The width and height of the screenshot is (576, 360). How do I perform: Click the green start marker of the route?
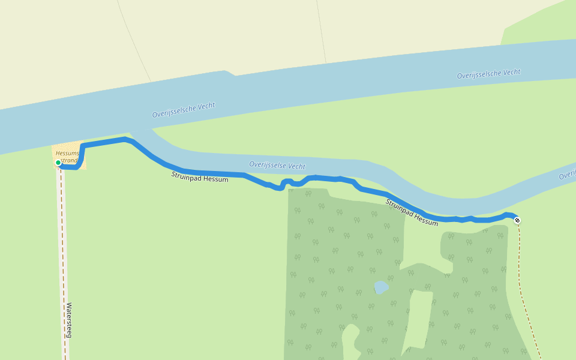[58, 163]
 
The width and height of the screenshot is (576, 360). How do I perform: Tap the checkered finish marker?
[517, 220]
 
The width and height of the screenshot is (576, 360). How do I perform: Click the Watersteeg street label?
[69, 320]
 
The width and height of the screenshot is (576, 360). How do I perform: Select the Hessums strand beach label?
[67, 157]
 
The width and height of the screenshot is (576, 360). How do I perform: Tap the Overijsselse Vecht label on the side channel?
[277, 165]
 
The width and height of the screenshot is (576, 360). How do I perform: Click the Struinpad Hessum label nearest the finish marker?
[412, 212]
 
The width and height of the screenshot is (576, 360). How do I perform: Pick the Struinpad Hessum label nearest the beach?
[200, 176]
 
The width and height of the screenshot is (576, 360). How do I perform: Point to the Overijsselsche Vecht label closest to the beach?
[183, 110]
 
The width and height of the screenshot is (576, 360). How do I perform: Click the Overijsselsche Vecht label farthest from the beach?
[488, 74]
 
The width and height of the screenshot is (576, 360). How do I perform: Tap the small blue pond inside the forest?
[380, 287]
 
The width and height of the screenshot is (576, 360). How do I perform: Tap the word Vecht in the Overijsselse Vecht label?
[296, 166]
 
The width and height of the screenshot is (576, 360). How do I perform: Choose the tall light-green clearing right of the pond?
[420, 318]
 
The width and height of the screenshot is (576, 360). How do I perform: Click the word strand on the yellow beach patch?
[70, 161]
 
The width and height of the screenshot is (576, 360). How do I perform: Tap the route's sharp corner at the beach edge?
[82, 146]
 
